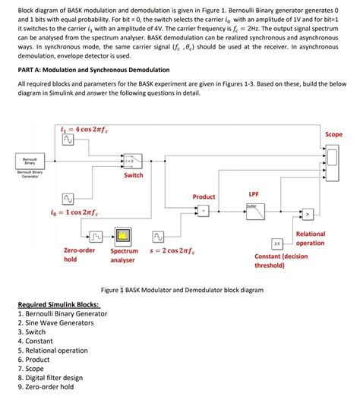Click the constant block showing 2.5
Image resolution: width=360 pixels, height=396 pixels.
[277, 244]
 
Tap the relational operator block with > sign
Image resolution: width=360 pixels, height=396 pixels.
[309, 213]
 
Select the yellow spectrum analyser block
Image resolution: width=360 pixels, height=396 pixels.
[124, 234]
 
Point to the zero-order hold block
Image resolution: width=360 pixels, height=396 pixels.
[88, 234]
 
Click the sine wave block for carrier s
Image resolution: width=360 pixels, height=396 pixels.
[159, 235]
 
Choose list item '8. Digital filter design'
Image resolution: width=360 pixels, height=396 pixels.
[50, 377]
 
